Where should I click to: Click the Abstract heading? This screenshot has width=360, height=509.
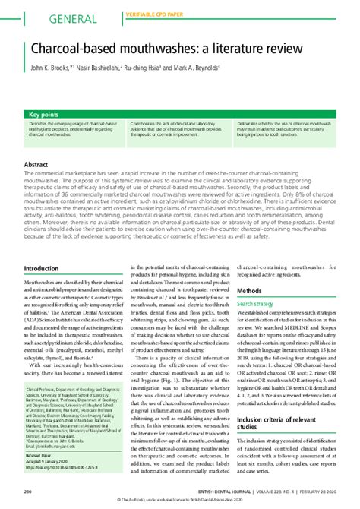[x=37, y=164]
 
